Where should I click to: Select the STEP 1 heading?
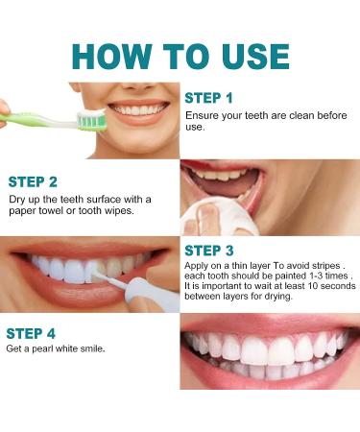click(208, 97)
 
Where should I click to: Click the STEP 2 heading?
click(34, 181)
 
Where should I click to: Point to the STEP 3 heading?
click(209, 251)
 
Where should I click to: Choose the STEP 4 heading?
click(32, 333)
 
